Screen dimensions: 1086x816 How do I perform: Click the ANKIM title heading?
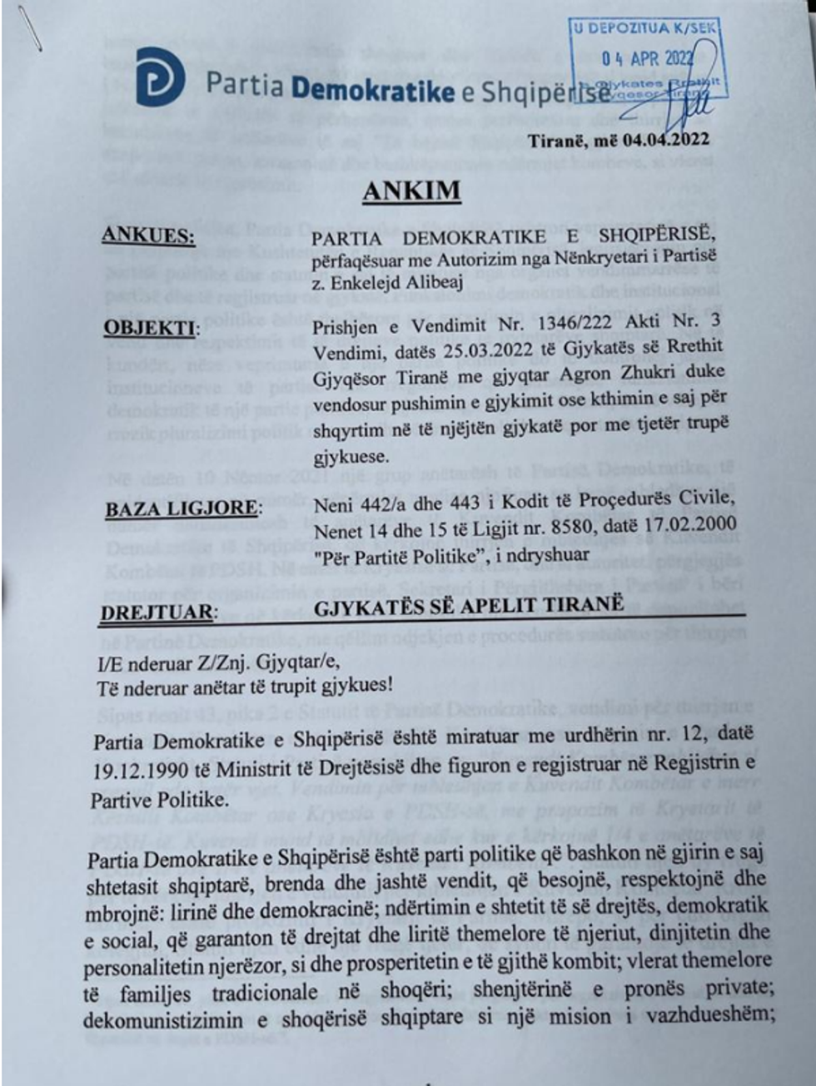coord(411,191)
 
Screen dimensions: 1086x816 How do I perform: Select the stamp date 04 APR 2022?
coord(647,58)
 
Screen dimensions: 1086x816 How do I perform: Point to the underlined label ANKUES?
coord(148,236)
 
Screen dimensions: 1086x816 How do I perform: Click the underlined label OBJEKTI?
coord(152,327)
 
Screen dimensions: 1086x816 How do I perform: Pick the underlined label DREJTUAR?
coord(157,613)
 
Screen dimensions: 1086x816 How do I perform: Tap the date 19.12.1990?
coord(139,770)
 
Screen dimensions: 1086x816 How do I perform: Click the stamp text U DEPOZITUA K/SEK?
coord(644,27)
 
